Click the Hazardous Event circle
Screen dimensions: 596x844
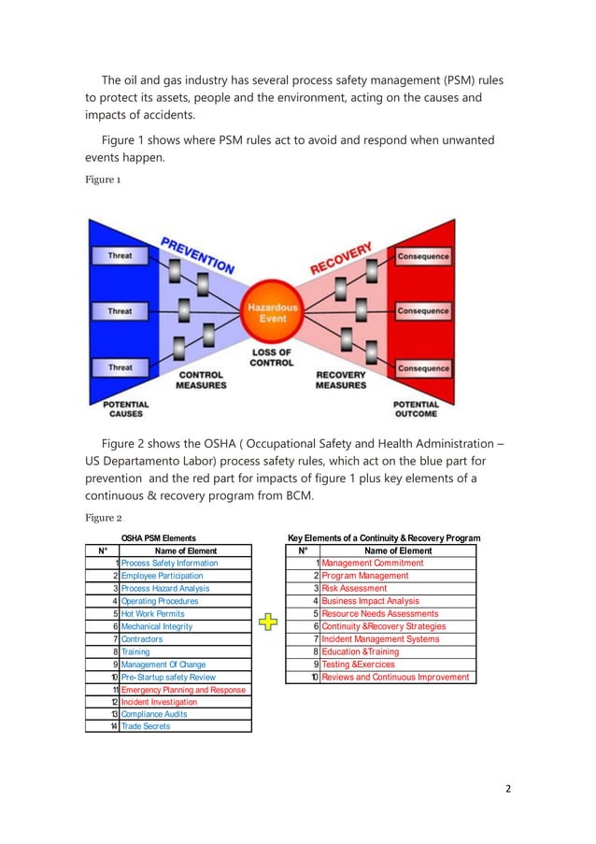[272, 312]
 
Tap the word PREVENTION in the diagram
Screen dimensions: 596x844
[198, 253]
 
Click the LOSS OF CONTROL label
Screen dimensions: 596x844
[272, 357]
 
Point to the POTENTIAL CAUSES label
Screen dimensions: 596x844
[125, 408]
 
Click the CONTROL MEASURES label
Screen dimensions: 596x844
[202, 379]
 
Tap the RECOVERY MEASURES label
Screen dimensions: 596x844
[341, 379]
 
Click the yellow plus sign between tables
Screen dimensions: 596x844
[269, 622]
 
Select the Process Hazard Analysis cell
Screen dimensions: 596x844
[164, 589]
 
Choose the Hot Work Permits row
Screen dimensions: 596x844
[152, 614]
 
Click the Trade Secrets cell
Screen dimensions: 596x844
[146, 726]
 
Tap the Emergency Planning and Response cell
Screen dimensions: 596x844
[183, 690]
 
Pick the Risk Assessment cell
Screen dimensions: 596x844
[354, 589]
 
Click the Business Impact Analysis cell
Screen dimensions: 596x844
[370, 601]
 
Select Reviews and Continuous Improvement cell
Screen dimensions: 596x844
[395, 677]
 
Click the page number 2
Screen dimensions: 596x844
[508, 788]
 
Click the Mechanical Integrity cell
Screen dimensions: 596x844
[158, 626]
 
